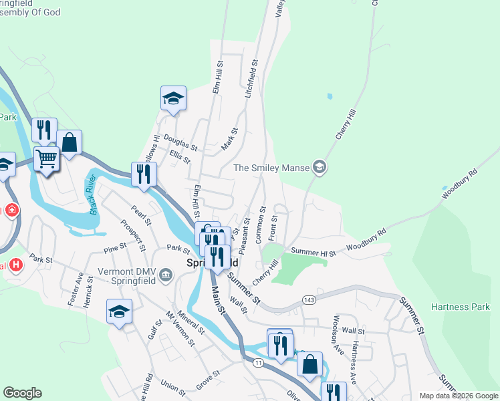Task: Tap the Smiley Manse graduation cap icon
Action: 320,167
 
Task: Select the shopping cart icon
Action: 46,159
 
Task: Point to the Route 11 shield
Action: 258,362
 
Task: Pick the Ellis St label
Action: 180,158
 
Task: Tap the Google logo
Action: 22,393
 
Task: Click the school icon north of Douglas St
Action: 173,98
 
